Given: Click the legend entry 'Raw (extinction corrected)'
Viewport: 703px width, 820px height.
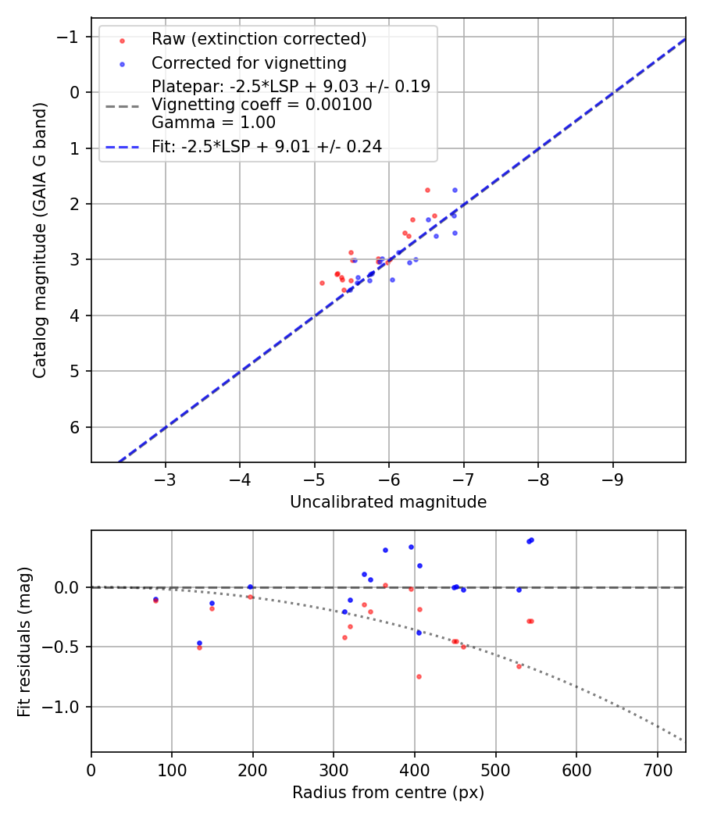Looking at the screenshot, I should [x=259, y=39].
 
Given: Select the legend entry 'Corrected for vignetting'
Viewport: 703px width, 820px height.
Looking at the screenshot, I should [x=248, y=62].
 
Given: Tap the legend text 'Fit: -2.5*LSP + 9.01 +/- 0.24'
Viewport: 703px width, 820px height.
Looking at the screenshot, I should [x=266, y=146].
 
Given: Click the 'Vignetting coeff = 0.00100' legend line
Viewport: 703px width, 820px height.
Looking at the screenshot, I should [x=262, y=104].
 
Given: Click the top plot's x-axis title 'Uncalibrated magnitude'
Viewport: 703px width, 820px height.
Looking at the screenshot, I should [x=388, y=502].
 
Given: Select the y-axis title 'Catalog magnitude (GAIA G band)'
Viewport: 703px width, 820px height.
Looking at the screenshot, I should [x=41, y=251].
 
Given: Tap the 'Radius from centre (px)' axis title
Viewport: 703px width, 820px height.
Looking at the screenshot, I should [x=388, y=793].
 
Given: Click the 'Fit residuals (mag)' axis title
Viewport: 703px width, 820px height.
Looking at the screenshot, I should [x=24, y=641].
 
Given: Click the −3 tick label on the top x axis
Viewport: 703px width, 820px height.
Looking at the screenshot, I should [x=165, y=477].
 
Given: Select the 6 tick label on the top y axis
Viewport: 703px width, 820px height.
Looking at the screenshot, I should [x=76, y=427].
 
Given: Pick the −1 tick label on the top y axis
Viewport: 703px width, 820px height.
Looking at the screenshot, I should [x=71, y=37].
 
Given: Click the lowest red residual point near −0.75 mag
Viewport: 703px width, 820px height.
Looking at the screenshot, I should [x=419, y=676].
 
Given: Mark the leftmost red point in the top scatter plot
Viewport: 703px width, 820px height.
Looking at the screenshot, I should [x=322, y=283].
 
